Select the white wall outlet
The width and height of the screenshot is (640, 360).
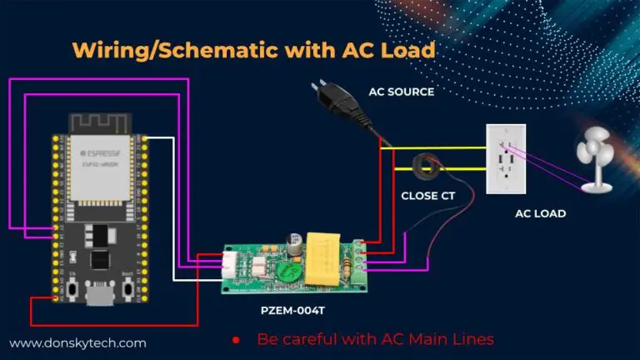(506, 159)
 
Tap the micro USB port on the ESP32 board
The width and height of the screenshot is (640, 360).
(101, 297)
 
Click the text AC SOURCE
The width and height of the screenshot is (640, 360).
(401, 92)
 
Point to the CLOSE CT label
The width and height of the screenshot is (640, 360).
(427, 198)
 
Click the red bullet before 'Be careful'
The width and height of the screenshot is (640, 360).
(236, 340)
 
